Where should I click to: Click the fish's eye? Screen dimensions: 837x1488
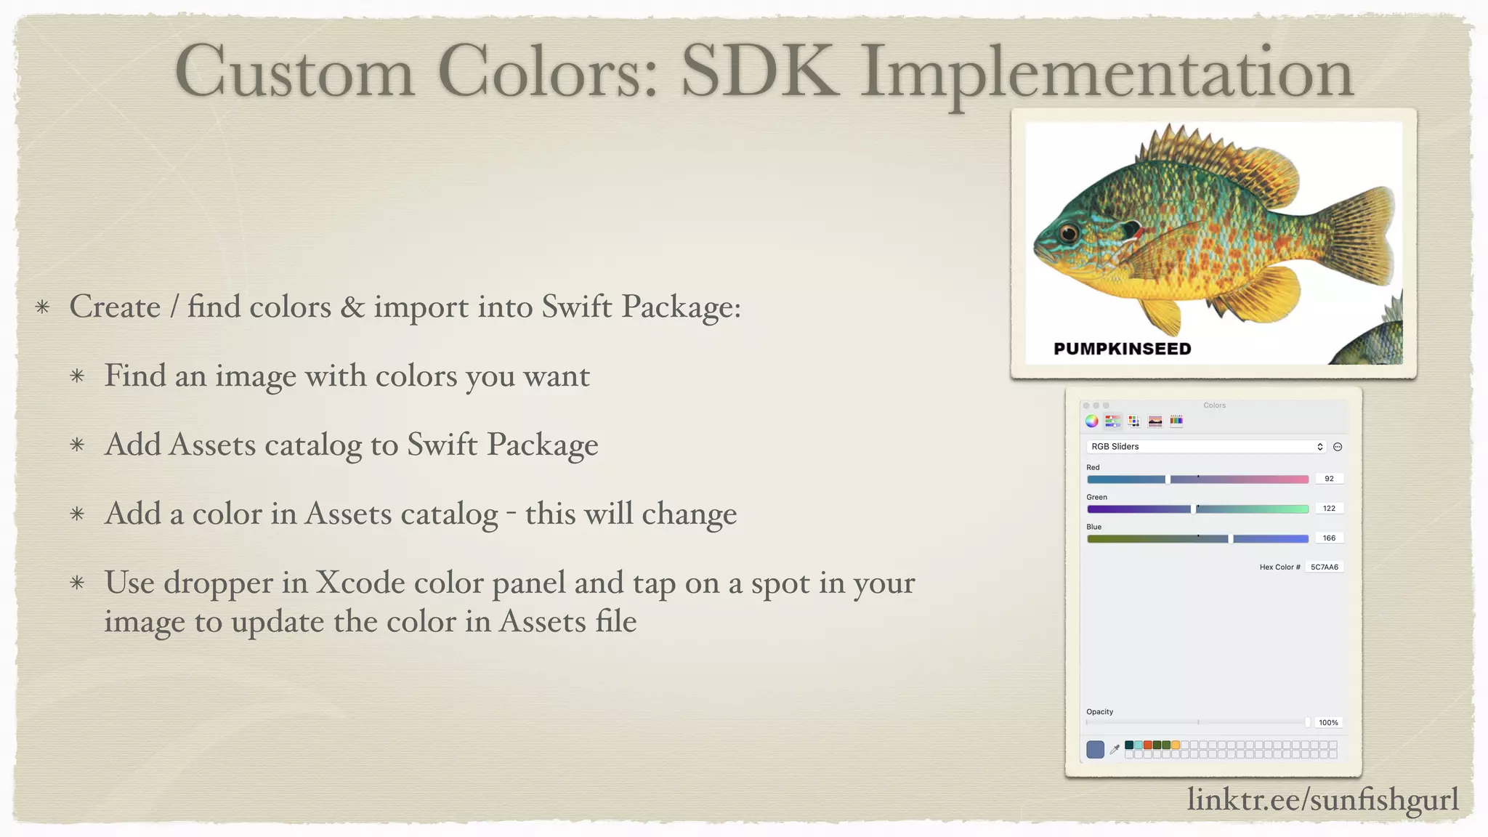tap(1068, 233)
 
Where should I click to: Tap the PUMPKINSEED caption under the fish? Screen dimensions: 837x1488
tap(1122, 349)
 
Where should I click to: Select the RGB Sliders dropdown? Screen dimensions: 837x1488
tap(1206, 447)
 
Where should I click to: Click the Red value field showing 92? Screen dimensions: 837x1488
tap(1329, 479)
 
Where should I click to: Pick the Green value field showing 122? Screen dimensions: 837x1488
tap(1329, 509)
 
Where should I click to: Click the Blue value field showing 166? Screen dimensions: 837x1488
tap(1329, 538)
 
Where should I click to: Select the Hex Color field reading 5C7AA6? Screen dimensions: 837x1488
tap(1324, 567)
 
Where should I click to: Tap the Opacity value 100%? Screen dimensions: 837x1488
tap(1328, 723)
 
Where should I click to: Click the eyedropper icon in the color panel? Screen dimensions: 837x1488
tap(1115, 749)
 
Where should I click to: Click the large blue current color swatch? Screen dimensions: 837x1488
tap(1095, 749)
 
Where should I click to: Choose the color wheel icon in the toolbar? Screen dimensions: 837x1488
tap(1091, 421)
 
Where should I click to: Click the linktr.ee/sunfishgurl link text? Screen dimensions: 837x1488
tap(1322, 799)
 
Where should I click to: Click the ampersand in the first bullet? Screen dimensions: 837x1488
tap(352, 307)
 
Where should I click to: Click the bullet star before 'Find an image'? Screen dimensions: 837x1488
tap(78, 376)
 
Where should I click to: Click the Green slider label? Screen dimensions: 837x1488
tap(1096, 498)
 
